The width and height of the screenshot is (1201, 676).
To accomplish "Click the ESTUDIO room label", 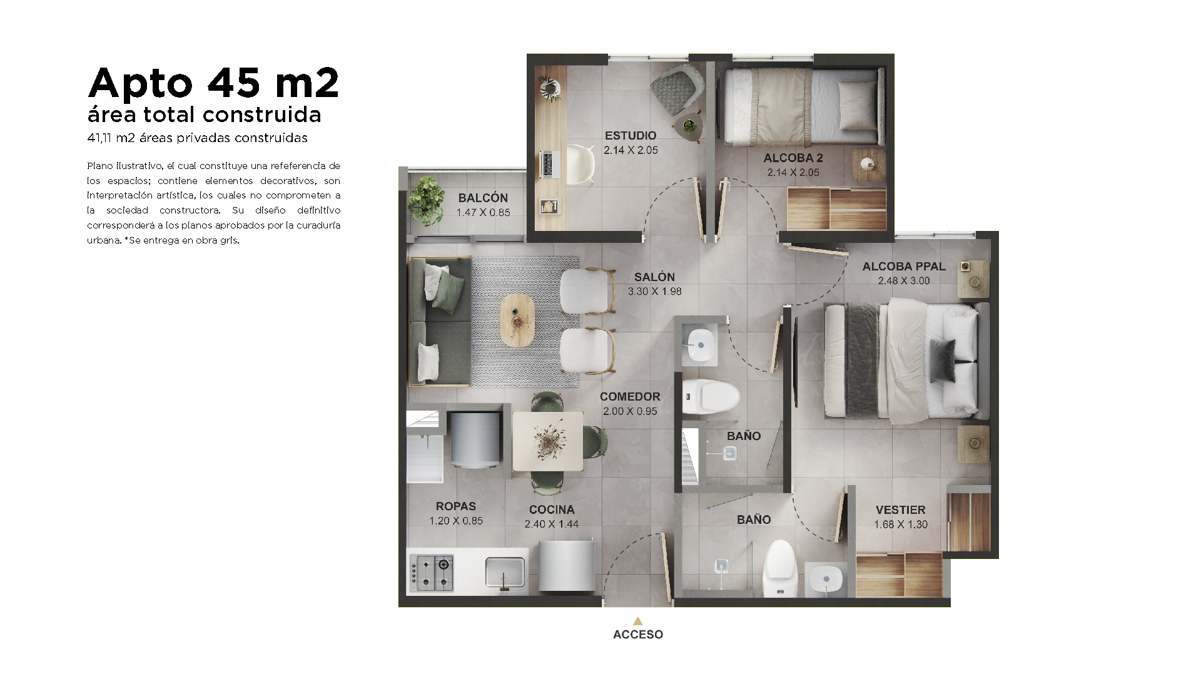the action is tap(631, 135).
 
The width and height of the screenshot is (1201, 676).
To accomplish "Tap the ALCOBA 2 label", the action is tap(793, 158).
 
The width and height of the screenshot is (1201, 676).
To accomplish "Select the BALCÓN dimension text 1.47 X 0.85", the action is tap(483, 212).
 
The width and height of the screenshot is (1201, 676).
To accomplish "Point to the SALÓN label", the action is tap(654, 277).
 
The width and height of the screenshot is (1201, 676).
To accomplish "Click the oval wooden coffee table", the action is tap(517, 320).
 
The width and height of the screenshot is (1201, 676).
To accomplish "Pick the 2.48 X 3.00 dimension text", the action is tap(904, 280).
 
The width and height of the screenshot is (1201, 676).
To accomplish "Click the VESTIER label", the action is tap(901, 510).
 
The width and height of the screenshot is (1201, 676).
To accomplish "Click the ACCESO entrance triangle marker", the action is tap(637, 621).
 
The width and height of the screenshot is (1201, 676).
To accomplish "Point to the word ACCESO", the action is tap(638, 634).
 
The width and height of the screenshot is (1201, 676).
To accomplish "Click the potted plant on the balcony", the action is tap(427, 200).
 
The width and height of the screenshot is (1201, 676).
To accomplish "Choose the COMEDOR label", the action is tap(630, 396).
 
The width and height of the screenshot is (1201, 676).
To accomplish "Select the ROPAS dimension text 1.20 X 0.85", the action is tap(456, 521).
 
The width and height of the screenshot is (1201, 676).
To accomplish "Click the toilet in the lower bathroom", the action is tap(779, 568).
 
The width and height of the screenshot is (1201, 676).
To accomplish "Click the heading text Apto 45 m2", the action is tap(214, 83).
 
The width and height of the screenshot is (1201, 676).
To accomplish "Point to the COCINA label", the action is tap(552, 510).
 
